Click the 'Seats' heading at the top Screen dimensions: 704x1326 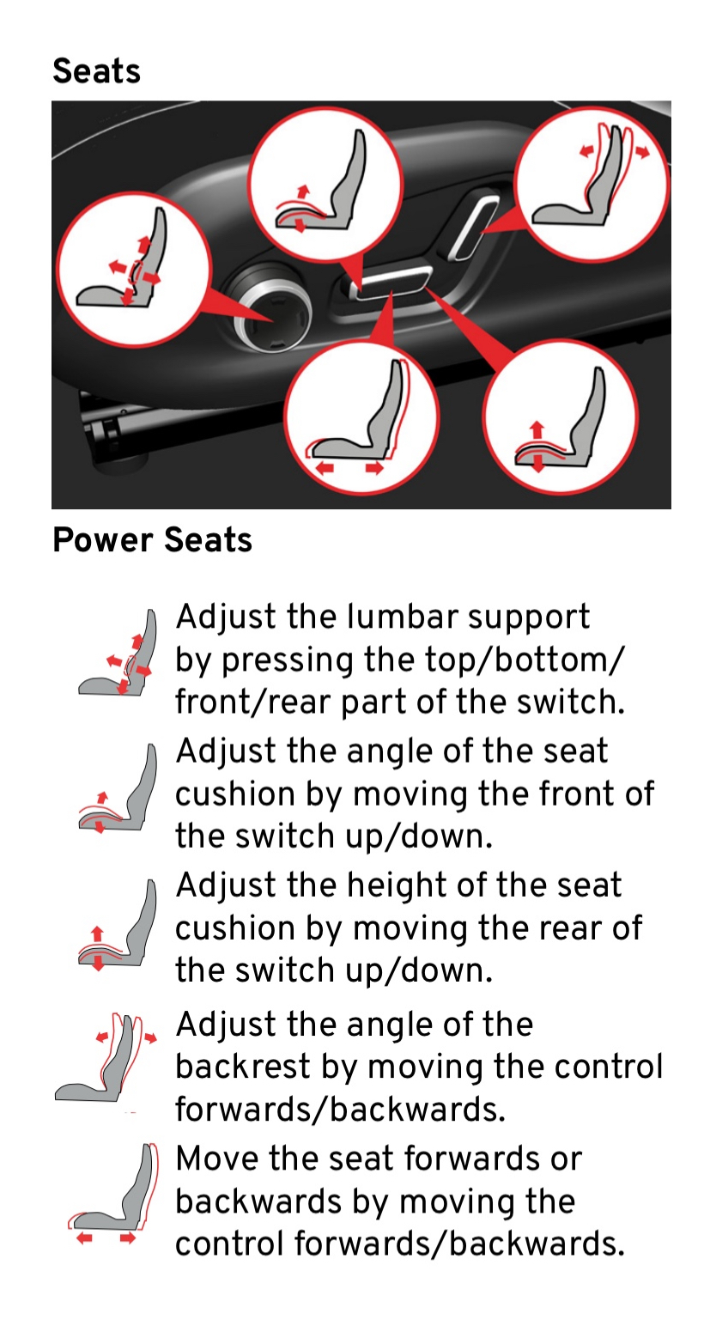click(x=96, y=71)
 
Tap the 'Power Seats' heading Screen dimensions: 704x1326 click(x=153, y=540)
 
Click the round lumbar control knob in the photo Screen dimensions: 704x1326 click(x=272, y=308)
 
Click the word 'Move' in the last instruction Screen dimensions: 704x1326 click(x=217, y=1159)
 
